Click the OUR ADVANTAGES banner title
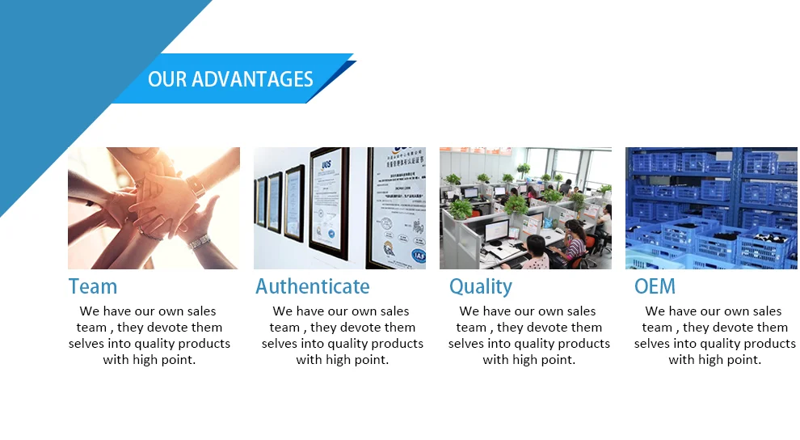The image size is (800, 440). (230, 79)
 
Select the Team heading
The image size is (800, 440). (93, 286)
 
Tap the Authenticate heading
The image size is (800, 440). (312, 286)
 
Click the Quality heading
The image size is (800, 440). (481, 287)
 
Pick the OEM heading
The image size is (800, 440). (655, 286)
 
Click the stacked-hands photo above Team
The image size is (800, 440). (154, 208)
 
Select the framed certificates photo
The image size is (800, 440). (339, 208)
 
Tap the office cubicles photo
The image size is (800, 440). (525, 208)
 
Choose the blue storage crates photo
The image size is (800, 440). (711, 208)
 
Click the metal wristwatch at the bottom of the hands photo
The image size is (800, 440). (199, 242)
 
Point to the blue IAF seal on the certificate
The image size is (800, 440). (419, 256)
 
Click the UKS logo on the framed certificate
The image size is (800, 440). (326, 164)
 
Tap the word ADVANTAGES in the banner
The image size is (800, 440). (252, 79)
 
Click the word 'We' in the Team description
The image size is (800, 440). (89, 311)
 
